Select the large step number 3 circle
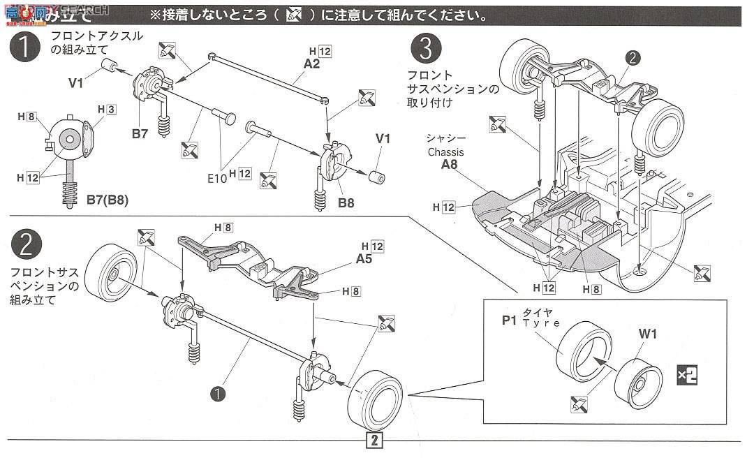425,50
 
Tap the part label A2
311,64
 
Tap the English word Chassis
447,152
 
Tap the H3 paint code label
106,110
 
